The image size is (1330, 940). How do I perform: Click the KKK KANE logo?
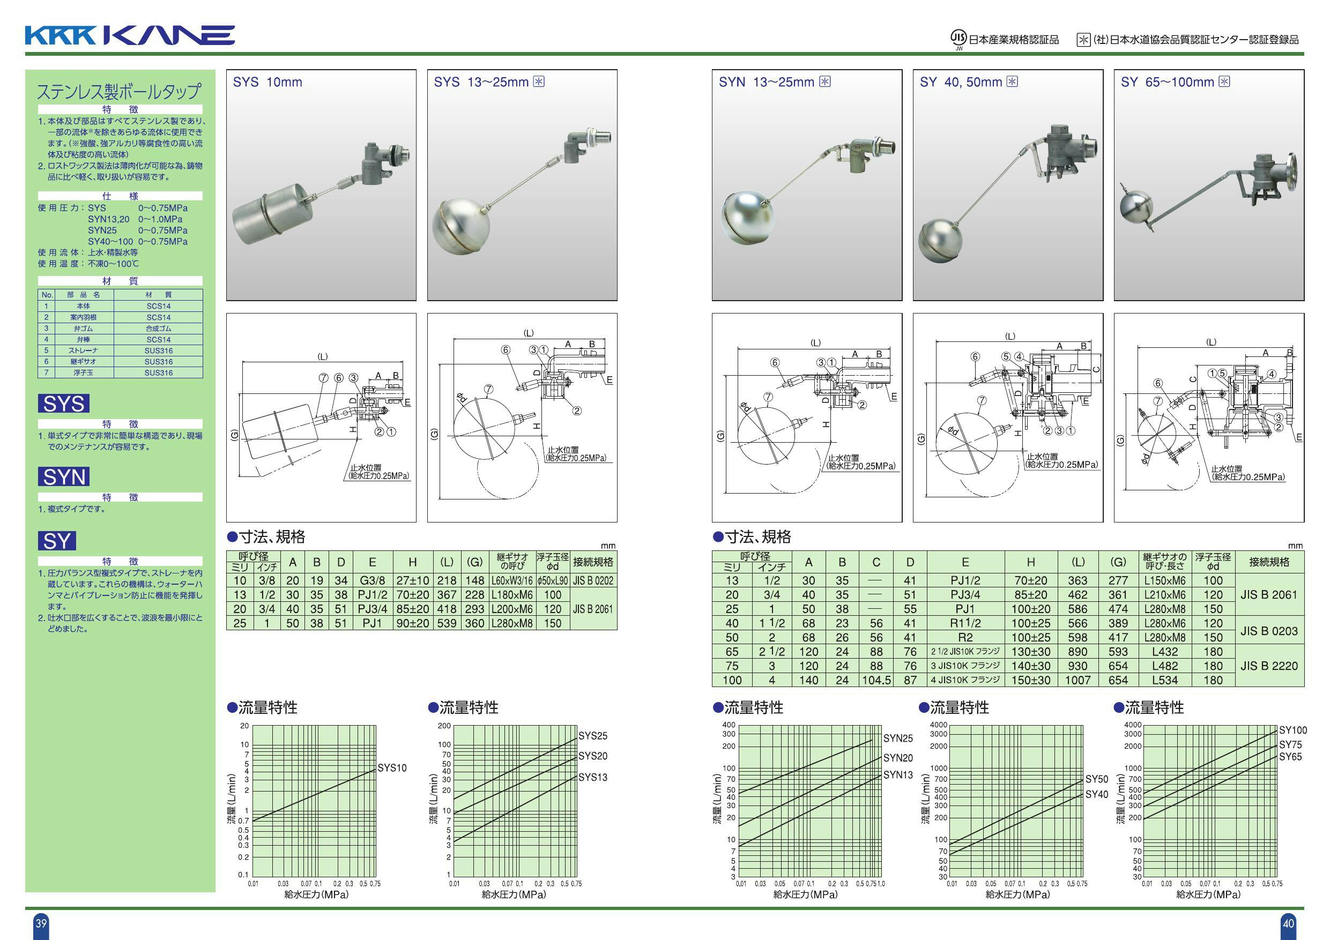click(x=130, y=35)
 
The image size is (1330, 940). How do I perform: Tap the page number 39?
click(x=41, y=923)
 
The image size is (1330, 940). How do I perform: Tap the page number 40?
click(x=1288, y=923)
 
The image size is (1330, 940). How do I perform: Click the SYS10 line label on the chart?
click(x=392, y=768)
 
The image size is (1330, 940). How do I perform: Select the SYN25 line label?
click(x=898, y=738)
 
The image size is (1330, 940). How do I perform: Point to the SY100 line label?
click(x=1293, y=730)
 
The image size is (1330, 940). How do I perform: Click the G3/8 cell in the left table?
click(x=372, y=580)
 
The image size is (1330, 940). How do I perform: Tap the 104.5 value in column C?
click(x=876, y=681)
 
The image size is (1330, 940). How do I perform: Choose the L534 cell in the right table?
click(x=1165, y=681)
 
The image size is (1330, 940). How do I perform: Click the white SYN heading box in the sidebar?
click(x=64, y=476)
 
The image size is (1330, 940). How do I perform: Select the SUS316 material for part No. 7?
click(x=158, y=373)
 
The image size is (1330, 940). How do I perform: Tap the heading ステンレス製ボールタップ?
click(x=120, y=92)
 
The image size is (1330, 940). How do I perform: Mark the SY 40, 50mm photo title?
click(x=961, y=82)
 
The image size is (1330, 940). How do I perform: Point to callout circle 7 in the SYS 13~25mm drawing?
click(x=489, y=389)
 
